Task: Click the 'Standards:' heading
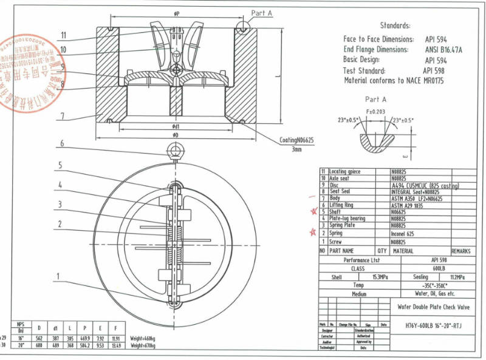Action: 395,26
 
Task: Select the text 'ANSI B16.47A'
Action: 443,50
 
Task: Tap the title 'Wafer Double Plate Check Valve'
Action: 435,307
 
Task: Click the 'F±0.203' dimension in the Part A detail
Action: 376,112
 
